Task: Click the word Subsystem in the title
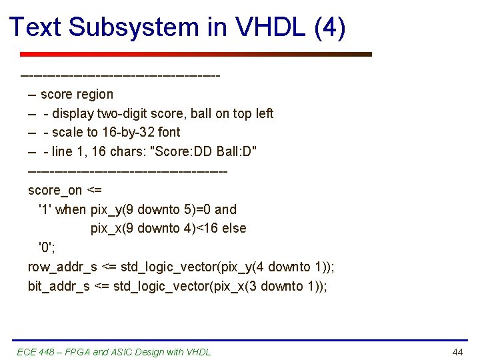pyautogui.click(x=133, y=27)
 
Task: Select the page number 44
pyautogui.click(x=457, y=352)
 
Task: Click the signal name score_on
pyautogui.click(x=55, y=190)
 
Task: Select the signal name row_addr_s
pyautogui.click(x=62, y=267)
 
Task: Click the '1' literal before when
pyautogui.click(x=45, y=209)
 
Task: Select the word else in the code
pyautogui.click(x=234, y=229)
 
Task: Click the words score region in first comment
pyautogui.click(x=77, y=94)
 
